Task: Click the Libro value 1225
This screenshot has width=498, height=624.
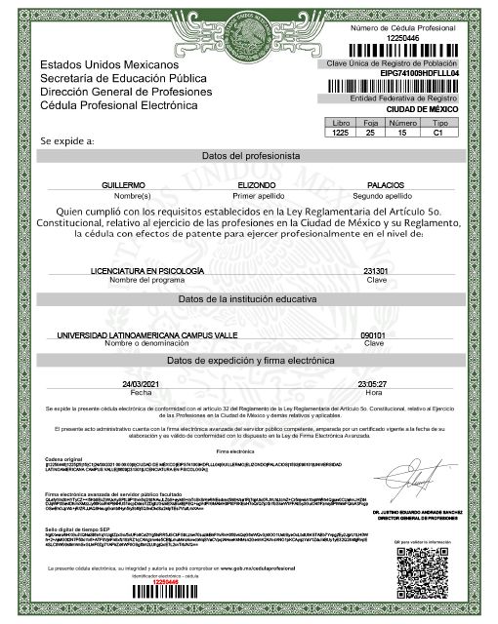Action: pyautogui.click(x=341, y=133)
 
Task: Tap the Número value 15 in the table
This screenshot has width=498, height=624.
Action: pyautogui.click(x=403, y=133)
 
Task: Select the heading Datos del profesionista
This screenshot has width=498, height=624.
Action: pyautogui.click(x=249, y=156)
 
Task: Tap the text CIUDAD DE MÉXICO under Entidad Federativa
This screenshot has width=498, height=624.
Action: pyautogui.click(x=401, y=109)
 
